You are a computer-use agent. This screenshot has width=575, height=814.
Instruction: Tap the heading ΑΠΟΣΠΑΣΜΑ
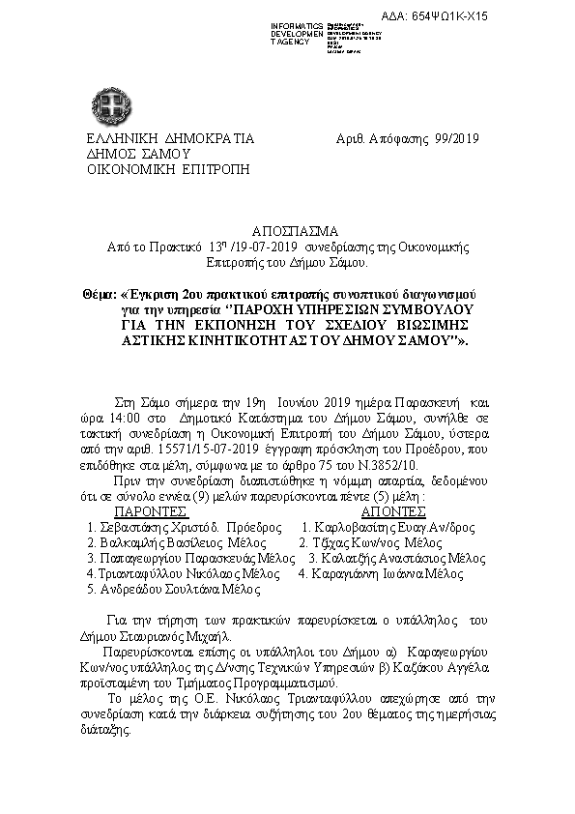[x=288, y=233]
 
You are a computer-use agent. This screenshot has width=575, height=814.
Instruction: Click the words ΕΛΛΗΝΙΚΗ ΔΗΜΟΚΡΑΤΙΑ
[x=170, y=138]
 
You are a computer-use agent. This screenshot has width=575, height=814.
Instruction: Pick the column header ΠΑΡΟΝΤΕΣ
[x=152, y=510]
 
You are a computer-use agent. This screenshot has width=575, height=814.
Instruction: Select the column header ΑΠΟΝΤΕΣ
[x=393, y=510]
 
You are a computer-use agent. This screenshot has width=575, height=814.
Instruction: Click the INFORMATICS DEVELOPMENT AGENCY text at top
[x=298, y=34]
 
